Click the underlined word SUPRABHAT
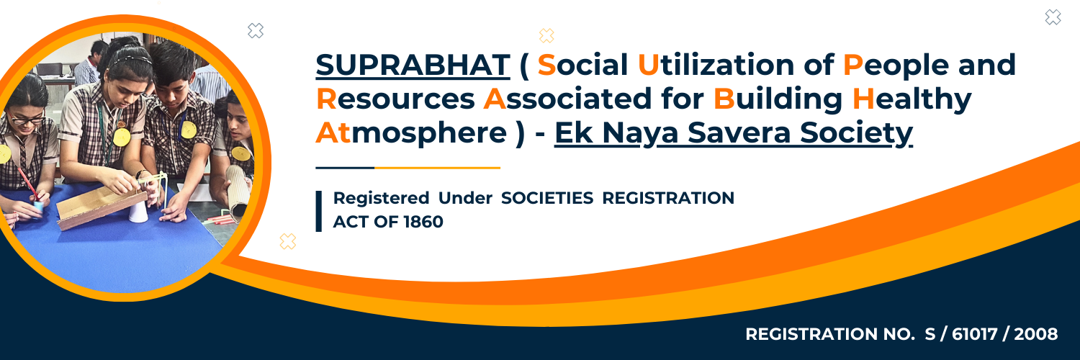413,65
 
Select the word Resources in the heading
395,99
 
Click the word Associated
567,99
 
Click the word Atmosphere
411,133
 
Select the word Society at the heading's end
856,133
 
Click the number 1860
423,222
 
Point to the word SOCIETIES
547,198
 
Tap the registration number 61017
974,334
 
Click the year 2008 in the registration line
1035,334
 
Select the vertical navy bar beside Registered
319,211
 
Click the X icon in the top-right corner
1053,17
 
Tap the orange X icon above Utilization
546,36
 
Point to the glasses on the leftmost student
27,119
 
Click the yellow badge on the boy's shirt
188,129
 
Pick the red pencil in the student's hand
28,184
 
